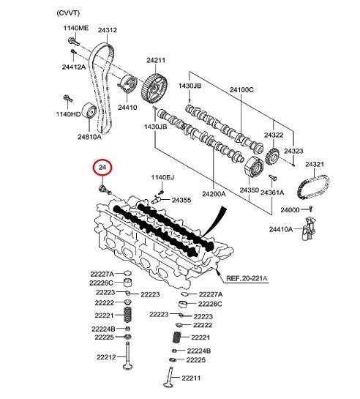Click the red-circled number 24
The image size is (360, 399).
pyautogui.click(x=102, y=168)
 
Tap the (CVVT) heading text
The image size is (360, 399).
pyautogui.click(x=68, y=13)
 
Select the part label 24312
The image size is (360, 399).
pyautogui.click(x=108, y=30)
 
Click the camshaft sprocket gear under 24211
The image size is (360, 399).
pyautogui.click(x=154, y=89)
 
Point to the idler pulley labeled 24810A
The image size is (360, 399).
pyautogui.click(x=89, y=111)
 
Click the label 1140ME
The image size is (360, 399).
pyautogui.click(x=76, y=28)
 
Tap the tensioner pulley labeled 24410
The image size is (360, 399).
pyautogui.click(x=128, y=83)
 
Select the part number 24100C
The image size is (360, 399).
pyautogui.click(x=241, y=90)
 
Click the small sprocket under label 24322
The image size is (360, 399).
pyautogui.click(x=273, y=157)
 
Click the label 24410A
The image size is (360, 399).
pyautogui.click(x=281, y=230)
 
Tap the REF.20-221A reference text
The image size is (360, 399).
pyautogui.click(x=247, y=278)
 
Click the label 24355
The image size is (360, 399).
pyautogui.click(x=181, y=201)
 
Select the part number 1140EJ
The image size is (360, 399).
pyautogui.click(x=162, y=177)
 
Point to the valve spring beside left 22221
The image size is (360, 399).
pyautogui.click(x=128, y=315)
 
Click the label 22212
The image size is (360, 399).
pyautogui.click(x=106, y=357)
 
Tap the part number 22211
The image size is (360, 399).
pyautogui.click(x=191, y=379)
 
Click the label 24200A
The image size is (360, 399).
pyautogui.click(x=214, y=194)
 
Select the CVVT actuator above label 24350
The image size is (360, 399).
pyautogui.click(x=254, y=167)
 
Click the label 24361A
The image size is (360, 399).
pyautogui.click(x=272, y=193)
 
